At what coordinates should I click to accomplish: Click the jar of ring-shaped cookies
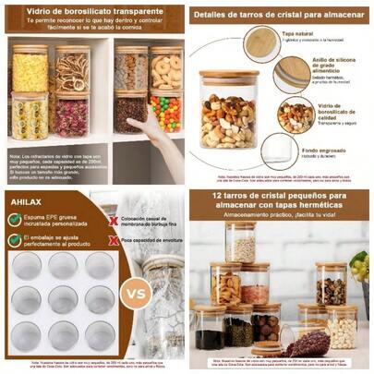pos(167,70)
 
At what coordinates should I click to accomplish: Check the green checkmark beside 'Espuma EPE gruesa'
pos(16,219)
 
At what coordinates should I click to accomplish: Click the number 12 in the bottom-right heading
pos(215,198)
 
